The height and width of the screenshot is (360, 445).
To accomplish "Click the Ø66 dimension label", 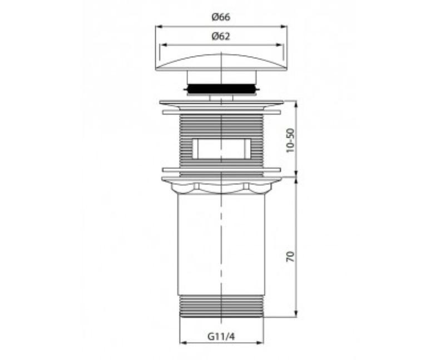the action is tap(221, 17).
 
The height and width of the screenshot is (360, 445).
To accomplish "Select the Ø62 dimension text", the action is tap(221, 36).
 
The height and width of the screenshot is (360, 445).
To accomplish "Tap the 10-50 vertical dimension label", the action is tap(290, 141).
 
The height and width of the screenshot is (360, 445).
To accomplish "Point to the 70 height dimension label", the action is tap(290, 257).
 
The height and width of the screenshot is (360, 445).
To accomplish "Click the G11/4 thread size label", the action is tap(221, 337).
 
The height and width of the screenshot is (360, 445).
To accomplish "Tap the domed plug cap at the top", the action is tap(221, 62).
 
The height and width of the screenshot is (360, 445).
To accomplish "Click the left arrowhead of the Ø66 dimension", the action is tap(159, 26).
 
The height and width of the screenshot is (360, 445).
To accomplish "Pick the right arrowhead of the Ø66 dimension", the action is tap(284, 26).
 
